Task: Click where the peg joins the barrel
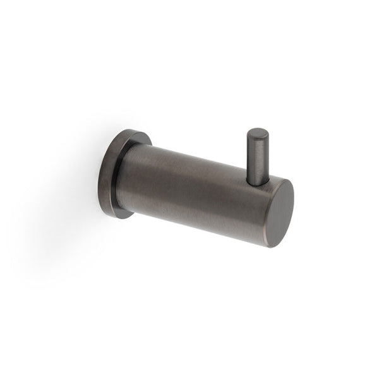tap(257, 183)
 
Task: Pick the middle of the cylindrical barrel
tap(196, 189)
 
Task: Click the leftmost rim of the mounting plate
tap(99, 177)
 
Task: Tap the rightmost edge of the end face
tap(294, 208)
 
